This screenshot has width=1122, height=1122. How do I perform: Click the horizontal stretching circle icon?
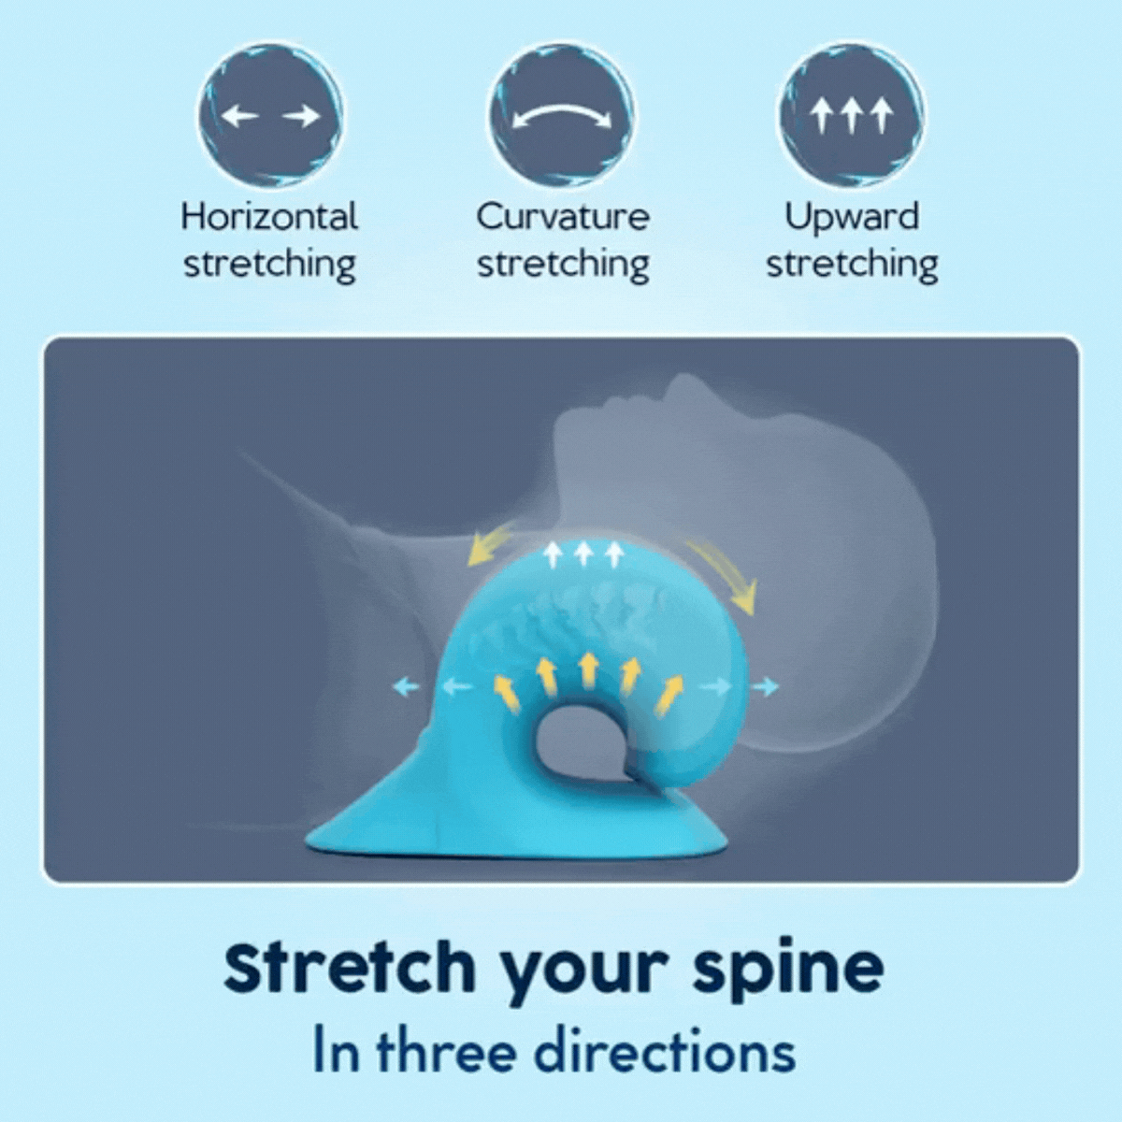tap(270, 117)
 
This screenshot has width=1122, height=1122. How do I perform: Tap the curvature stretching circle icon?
tap(561, 117)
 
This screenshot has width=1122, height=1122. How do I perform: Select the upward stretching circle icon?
tap(852, 117)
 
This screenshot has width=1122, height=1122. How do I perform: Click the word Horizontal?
tap(269, 217)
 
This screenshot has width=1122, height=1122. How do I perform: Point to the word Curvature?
tap(562, 217)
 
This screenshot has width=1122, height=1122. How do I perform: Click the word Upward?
tap(852, 217)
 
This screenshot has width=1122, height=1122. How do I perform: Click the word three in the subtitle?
tap(446, 1050)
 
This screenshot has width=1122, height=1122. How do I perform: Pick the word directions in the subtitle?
tap(665, 1050)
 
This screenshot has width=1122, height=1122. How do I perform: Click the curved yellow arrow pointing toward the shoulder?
tap(491, 545)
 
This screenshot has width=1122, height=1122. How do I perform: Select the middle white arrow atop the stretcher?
tap(583, 554)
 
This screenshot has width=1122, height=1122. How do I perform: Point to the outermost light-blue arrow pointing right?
tap(765, 687)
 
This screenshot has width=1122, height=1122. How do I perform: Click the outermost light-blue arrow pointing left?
tap(406, 687)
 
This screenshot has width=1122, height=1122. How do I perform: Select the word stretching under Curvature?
tap(562, 264)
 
